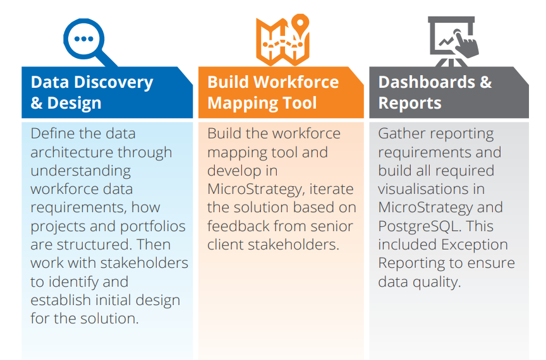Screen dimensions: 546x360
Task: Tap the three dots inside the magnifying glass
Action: (84, 39)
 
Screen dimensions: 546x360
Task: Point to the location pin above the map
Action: (300, 25)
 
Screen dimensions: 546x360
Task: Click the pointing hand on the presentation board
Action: (466, 44)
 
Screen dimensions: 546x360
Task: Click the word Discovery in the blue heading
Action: (114, 83)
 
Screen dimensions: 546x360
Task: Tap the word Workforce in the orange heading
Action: (296, 83)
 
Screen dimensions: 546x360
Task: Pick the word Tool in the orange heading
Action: (300, 103)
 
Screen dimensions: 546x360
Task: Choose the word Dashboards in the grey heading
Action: (427, 83)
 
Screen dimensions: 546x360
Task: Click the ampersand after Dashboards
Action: (486, 83)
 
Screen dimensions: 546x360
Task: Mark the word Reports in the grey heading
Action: (410, 104)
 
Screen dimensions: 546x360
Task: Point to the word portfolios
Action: (153, 227)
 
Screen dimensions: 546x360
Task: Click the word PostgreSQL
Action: (420, 227)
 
